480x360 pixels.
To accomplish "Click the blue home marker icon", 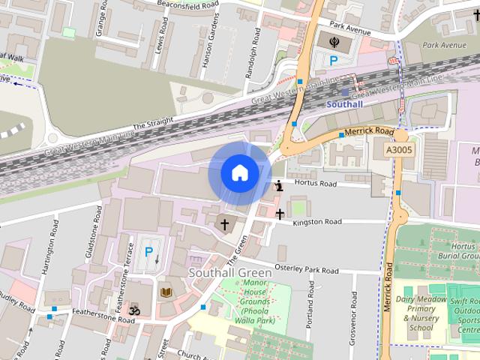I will [239, 172].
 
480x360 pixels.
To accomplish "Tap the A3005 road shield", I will [400, 151].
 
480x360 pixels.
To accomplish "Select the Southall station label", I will [344, 104].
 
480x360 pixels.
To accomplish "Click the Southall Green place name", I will [224, 271].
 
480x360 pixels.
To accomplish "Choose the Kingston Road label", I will [316, 222].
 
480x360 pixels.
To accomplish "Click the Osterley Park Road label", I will [307, 270].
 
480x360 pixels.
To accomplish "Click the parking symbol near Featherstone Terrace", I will [148, 253].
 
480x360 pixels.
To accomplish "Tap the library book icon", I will [165, 291].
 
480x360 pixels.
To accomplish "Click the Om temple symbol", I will [135, 309].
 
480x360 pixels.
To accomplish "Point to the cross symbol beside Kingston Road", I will [280, 214].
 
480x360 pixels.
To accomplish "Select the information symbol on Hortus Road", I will [279, 185].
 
